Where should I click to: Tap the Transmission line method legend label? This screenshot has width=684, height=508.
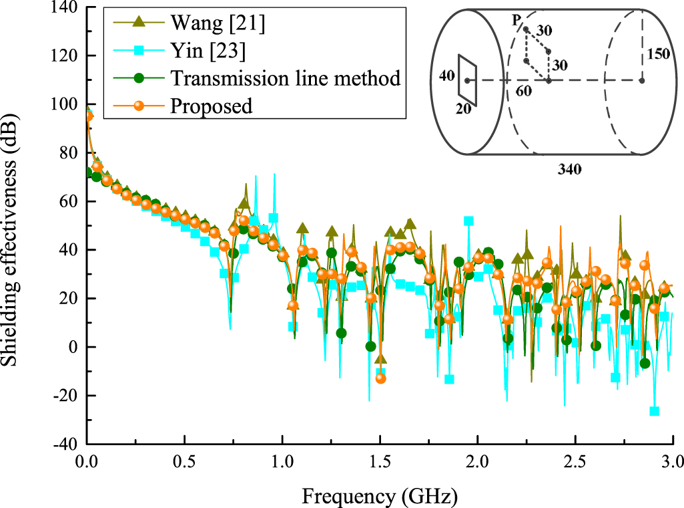[285, 78]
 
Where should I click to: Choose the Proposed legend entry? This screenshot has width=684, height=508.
[212, 106]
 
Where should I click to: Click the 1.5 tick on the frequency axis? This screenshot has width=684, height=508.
[380, 461]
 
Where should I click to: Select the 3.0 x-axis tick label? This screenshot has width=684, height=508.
[672, 461]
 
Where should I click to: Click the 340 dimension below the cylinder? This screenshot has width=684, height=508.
[569, 169]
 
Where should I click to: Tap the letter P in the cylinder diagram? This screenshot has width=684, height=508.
[516, 21]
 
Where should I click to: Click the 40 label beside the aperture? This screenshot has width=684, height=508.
[446, 75]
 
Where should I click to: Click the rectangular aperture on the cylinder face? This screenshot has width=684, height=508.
[466, 80]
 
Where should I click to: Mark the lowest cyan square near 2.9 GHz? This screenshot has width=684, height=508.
[654, 411]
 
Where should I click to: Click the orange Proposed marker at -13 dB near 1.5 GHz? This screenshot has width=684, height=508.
[380, 378]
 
